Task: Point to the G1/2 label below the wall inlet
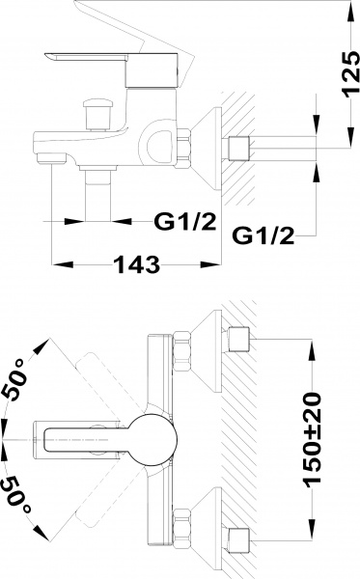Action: click(x=263, y=234)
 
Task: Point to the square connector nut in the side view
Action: click(x=239, y=149)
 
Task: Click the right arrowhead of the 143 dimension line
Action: click(x=218, y=262)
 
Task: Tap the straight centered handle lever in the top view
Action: click(x=87, y=440)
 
